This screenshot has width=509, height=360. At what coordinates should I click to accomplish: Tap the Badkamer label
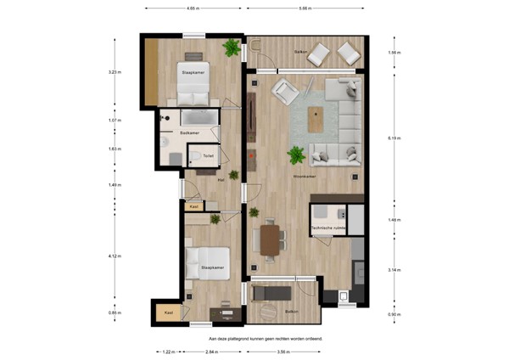point(189,133)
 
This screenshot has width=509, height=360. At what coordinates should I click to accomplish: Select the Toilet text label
point(208,156)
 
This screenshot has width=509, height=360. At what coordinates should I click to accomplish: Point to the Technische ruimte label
point(327,228)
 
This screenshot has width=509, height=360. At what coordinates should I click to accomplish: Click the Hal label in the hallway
point(221,180)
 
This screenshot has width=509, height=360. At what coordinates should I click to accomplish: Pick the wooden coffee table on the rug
point(317,120)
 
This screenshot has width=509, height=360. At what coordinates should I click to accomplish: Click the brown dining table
point(270,238)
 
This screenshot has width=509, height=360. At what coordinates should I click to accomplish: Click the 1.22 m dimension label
point(168,350)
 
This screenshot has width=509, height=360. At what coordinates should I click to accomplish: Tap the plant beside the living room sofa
point(296,155)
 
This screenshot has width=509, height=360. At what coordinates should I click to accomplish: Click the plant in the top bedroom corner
point(231,48)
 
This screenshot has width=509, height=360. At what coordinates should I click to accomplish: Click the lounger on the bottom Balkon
point(272,294)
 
